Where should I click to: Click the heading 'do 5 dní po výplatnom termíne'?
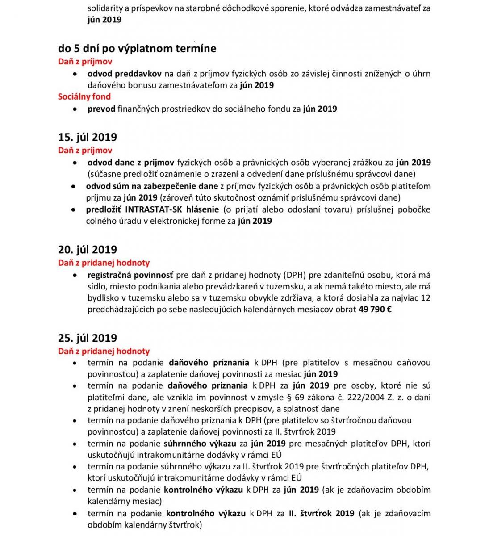click(137, 49)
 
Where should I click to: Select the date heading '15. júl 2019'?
click(88, 137)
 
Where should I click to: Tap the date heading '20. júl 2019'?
click(88, 250)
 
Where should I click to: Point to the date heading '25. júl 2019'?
click(88, 338)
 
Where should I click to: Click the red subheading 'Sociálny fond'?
click(84, 96)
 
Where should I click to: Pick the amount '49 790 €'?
click(375, 309)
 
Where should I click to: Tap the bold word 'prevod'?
click(101, 109)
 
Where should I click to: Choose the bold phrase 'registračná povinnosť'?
click(130, 275)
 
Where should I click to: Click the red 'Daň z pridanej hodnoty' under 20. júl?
click(104, 263)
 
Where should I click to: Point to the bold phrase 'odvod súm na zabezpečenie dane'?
click(152, 186)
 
